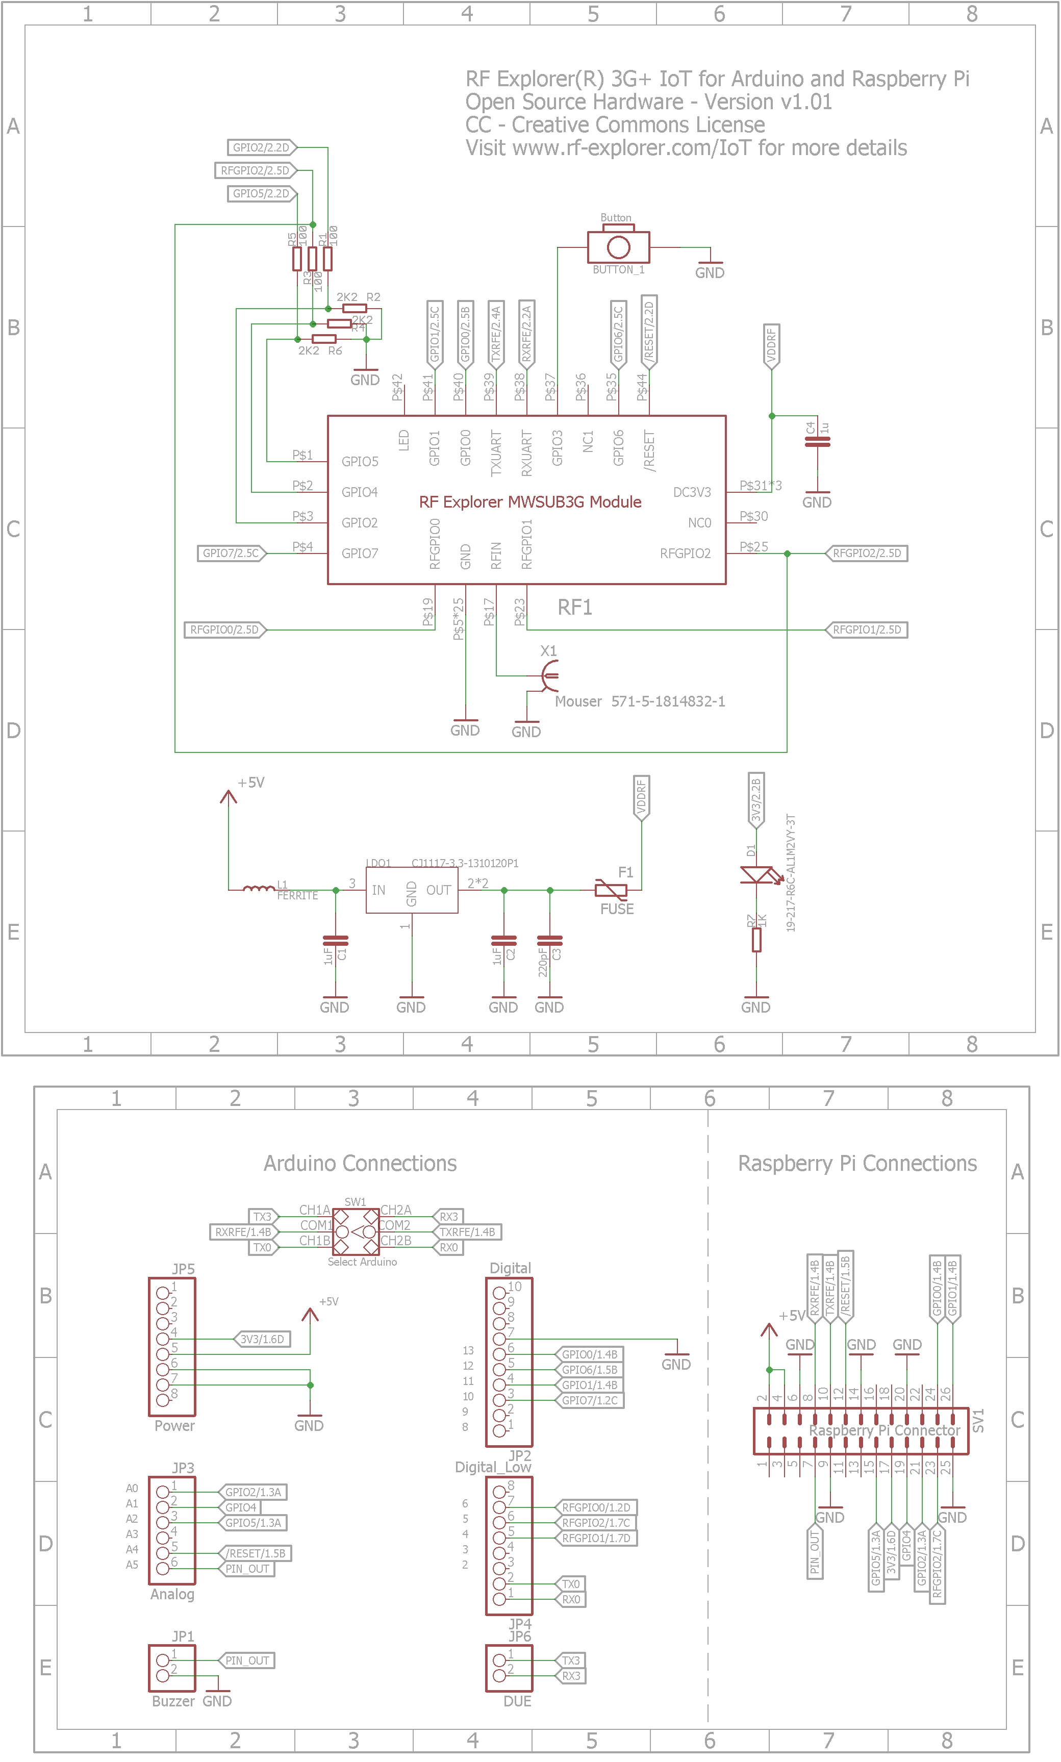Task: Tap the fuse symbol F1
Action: (611, 890)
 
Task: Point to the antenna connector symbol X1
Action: (549, 675)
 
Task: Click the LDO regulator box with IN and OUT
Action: (412, 890)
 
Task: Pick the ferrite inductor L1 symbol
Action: (258, 889)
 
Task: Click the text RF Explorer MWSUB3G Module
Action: (530, 502)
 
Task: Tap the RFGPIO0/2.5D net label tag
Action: (224, 630)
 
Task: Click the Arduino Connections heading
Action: (360, 1163)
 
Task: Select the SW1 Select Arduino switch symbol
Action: (356, 1231)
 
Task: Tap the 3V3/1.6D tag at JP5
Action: (262, 1339)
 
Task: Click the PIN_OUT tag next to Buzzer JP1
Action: (247, 1660)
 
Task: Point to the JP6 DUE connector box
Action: (509, 1667)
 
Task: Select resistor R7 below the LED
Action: (756, 939)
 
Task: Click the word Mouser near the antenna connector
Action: (578, 701)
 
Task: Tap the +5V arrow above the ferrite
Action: (228, 797)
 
